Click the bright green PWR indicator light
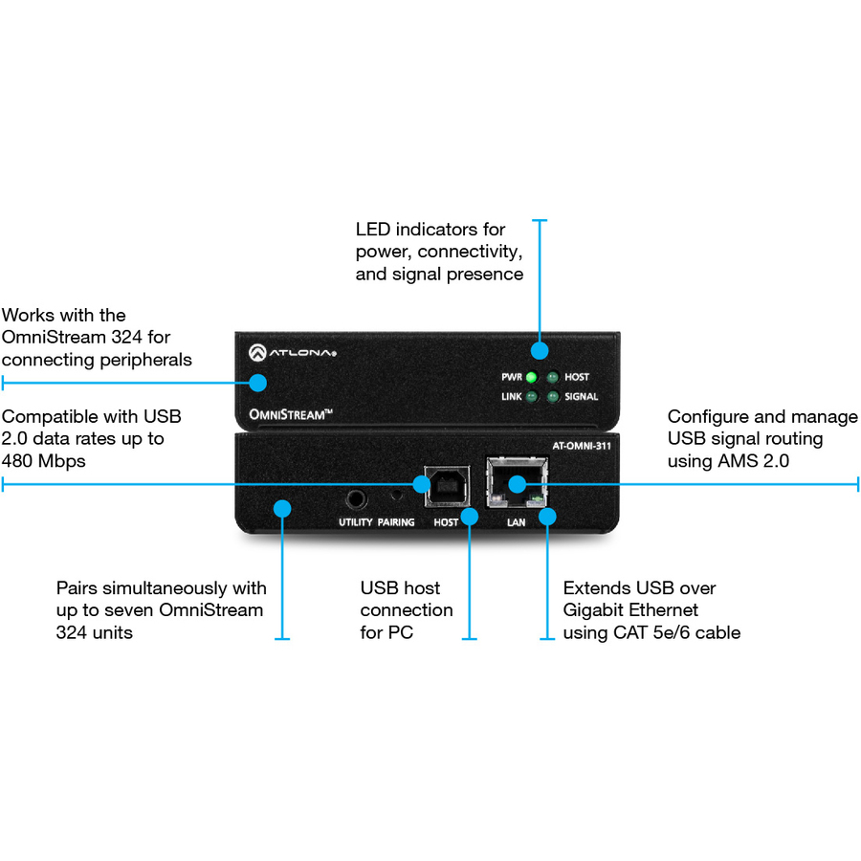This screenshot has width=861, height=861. tap(530, 377)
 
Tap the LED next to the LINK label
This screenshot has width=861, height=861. tap(530, 396)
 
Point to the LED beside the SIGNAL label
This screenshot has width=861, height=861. tap(552, 396)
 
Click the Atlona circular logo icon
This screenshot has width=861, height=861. tap(256, 352)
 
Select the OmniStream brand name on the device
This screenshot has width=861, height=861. tap(283, 414)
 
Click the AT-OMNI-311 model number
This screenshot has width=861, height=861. tap(582, 445)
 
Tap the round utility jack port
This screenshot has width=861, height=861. tap(358, 498)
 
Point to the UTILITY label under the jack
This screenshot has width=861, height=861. tap(355, 523)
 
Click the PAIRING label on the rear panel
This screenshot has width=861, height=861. tap(396, 523)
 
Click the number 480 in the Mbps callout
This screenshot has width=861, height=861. tap(19, 461)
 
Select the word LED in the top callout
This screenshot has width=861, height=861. tap(373, 230)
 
